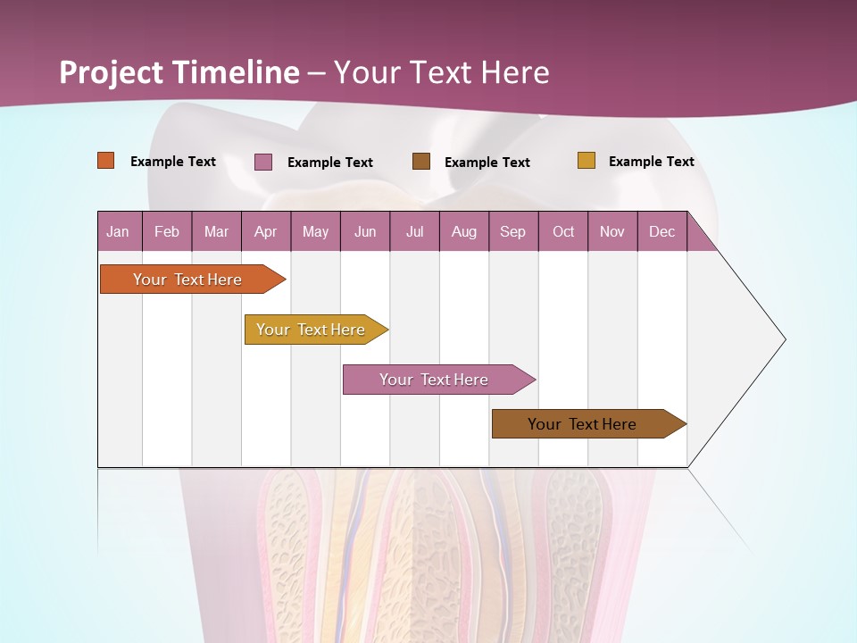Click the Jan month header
119,231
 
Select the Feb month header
167,231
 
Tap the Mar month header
216,231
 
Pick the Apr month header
266,231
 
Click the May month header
315,231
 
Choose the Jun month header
365,231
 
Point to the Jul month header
414,231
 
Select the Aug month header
464,231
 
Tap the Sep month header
513,231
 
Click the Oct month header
563,231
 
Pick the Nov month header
612,231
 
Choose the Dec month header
662,231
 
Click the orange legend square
106,161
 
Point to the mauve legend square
263,162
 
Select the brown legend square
421,161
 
